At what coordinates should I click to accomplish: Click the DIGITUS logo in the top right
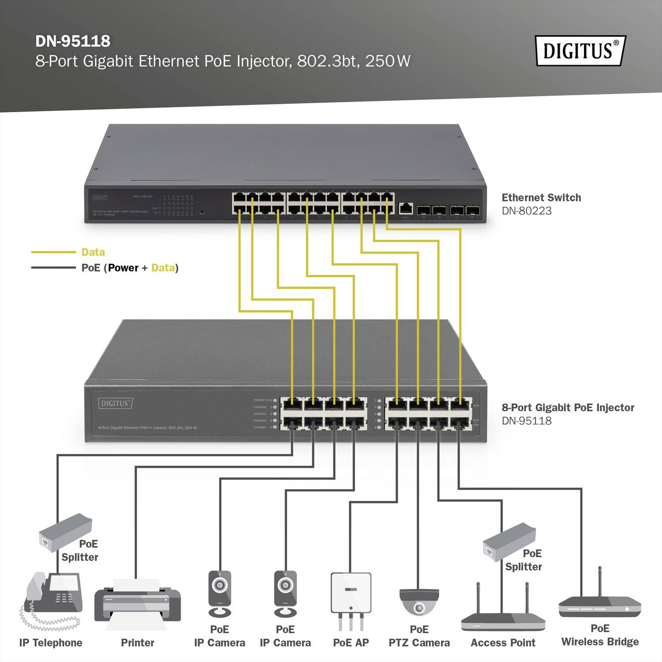pyautogui.click(x=580, y=51)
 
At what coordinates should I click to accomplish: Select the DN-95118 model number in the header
pyautogui.click(x=73, y=41)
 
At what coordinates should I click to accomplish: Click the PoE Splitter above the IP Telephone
pyautogui.click(x=65, y=531)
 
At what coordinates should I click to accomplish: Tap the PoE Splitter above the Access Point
pyautogui.click(x=509, y=541)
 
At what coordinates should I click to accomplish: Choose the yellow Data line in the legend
pyautogui.click(x=53, y=252)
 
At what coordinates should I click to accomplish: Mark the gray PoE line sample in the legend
pyautogui.click(x=53, y=268)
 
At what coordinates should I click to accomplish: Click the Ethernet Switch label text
pyautogui.click(x=541, y=198)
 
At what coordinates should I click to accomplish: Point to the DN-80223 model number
pyautogui.click(x=526, y=211)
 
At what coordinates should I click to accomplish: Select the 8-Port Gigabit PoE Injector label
pyautogui.click(x=568, y=408)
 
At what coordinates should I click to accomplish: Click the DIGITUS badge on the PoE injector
pyautogui.click(x=115, y=403)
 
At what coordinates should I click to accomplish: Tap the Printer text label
pyautogui.click(x=138, y=643)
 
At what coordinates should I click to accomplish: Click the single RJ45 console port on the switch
pyautogui.click(x=406, y=208)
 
